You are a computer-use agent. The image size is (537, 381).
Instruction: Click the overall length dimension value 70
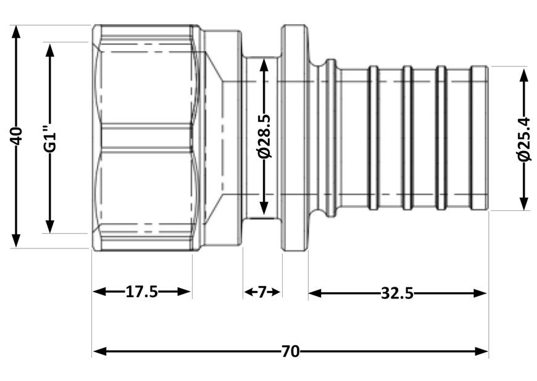click(x=291, y=351)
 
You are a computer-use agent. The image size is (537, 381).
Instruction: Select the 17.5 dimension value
click(x=142, y=292)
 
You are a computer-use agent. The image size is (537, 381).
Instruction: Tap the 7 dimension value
click(x=262, y=292)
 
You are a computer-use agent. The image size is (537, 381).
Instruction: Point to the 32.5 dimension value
click(x=397, y=293)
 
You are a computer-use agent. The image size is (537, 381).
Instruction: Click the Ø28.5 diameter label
click(x=265, y=136)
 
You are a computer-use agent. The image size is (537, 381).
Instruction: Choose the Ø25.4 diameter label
click(x=523, y=139)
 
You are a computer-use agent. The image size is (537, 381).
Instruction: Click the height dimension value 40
click(x=16, y=136)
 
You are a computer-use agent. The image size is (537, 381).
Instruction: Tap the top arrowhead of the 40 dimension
click(x=16, y=33)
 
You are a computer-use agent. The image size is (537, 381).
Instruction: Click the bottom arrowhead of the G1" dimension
click(x=50, y=226)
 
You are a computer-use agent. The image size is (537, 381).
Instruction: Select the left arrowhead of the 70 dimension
click(x=101, y=351)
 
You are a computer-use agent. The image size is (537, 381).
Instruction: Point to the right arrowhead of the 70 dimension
click(x=480, y=351)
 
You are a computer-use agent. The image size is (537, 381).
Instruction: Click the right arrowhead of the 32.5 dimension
click(x=480, y=293)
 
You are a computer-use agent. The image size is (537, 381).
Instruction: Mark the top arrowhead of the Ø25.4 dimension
click(x=523, y=76)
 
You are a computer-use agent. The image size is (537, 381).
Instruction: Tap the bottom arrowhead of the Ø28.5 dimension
click(x=264, y=208)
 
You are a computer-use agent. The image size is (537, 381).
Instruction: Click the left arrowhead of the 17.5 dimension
click(x=101, y=292)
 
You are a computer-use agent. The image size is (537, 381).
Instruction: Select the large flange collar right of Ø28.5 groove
click(x=294, y=138)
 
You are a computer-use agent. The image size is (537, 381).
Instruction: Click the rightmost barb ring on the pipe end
click(x=480, y=138)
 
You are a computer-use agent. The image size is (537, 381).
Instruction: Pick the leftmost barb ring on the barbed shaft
click(x=373, y=138)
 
